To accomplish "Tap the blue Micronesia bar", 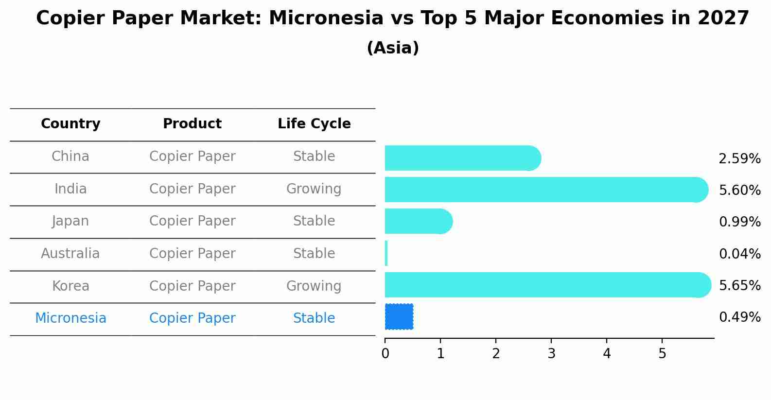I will tap(399, 316).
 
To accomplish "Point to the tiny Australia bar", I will tap(386, 253).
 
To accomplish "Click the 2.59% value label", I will tap(739, 159).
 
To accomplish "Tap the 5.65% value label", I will tap(739, 285).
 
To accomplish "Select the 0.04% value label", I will tap(739, 254).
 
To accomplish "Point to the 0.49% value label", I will tap(739, 317).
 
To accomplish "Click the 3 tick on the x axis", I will tap(551, 354).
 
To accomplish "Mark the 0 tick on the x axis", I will tap(385, 354).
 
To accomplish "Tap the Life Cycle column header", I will tap(314, 124).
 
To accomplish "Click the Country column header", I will tap(70, 124).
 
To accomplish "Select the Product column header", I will tap(192, 124).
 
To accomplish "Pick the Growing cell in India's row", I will tap(314, 189).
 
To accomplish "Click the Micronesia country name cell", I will tap(70, 318).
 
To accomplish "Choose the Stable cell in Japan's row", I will tap(314, 221).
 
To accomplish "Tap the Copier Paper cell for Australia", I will tap(192, 254).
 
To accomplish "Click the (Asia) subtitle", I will tap(393, 48).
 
